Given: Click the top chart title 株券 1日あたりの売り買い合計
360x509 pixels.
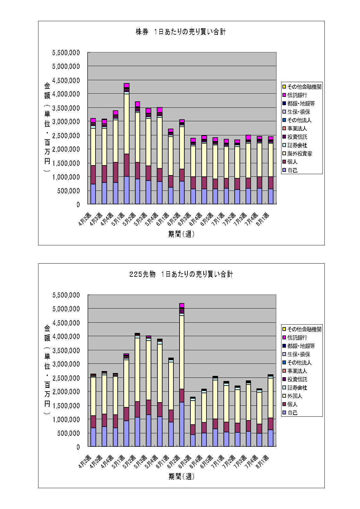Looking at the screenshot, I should [181, 32].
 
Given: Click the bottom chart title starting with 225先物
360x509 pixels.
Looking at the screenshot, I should [181, 274].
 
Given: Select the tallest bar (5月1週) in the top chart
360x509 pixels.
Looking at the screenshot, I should [126, 144].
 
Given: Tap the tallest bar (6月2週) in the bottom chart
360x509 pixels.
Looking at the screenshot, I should [182, 375].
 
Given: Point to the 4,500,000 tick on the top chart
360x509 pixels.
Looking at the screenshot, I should [66, 80].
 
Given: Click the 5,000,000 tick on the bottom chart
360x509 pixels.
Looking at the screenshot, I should [66, 309].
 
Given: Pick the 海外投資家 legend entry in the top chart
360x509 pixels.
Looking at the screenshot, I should [299, 154].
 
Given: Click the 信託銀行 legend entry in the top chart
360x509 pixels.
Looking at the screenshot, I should [297, 95].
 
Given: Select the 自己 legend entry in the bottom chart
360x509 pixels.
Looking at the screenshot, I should [292, 413].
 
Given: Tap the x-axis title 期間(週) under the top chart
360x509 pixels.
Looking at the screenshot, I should [181, 234].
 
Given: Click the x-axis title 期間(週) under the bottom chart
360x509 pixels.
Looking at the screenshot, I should [181, 477].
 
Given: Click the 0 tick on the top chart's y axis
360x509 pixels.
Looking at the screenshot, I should [78, 204].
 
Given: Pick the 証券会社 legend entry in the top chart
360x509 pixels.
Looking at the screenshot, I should [297, 145].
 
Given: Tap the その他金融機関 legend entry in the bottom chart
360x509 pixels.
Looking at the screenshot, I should [304, 329].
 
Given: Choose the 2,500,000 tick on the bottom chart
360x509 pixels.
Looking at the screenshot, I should [66, 378].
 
